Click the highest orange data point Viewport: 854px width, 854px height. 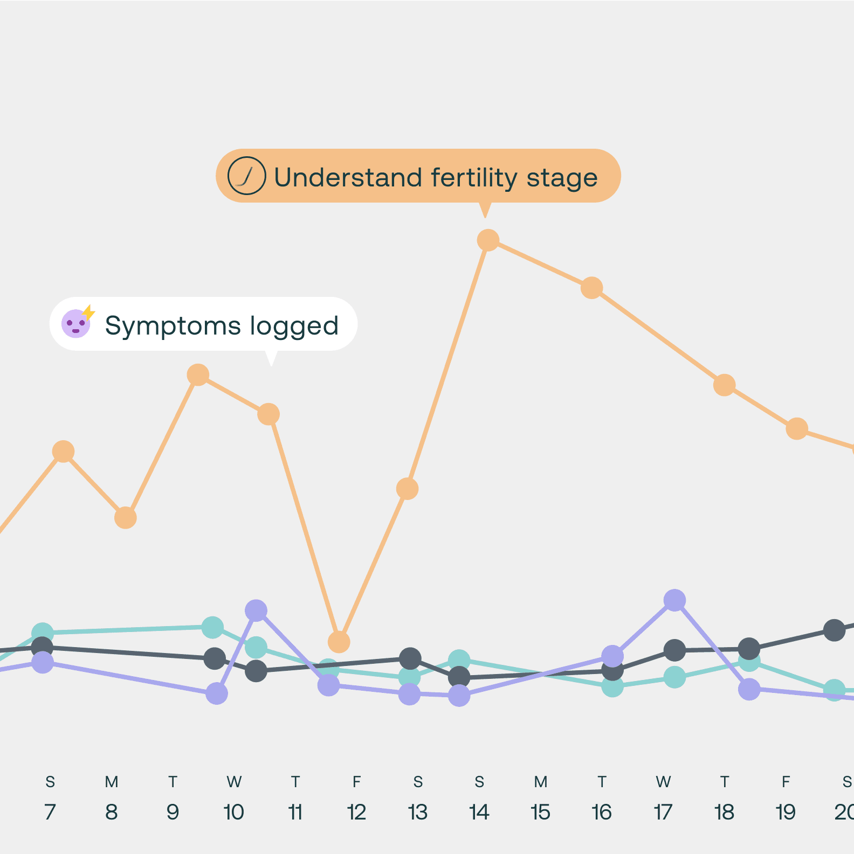pos(488,240)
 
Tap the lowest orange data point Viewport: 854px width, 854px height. pos(339,642)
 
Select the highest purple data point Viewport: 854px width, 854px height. pos(674,600)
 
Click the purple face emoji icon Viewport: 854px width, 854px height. pos(75,324)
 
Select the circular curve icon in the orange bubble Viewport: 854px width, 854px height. pos(246,176)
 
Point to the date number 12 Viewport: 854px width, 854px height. pos(356,812)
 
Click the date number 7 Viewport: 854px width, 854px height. pos(50,812)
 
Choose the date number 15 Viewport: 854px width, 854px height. pos(540,812)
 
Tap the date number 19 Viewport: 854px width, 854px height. pos(786,812)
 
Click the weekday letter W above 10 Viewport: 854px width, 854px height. pos(234,782)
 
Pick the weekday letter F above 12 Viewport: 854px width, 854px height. pos(356,782)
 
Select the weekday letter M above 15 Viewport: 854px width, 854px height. pos(541,782)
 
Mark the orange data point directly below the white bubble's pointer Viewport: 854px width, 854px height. pos(268,414)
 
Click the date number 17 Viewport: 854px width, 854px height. pos(663,812)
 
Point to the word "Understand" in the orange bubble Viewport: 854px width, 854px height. pos(348,177)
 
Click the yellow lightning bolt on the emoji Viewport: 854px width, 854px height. pos(88,313)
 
